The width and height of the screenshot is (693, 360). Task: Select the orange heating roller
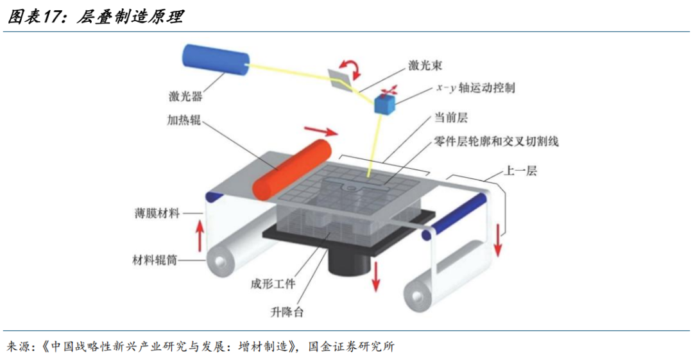coord(292,169)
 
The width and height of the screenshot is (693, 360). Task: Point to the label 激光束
coord(425,65)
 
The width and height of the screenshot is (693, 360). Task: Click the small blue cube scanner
coord(385,103)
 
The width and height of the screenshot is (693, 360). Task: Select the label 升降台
coord(287,313)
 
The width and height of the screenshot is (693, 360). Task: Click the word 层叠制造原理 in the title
coord(129,17)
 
